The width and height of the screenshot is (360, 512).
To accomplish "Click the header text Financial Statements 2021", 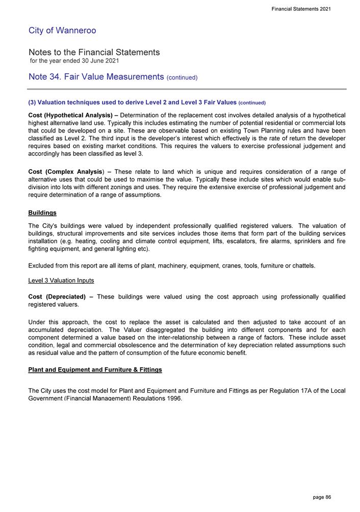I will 301,9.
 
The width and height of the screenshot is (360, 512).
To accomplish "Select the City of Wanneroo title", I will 62,31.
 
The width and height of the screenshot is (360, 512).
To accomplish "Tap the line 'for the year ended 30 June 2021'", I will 74,61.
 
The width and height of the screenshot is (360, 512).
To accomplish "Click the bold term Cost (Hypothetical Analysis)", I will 70,115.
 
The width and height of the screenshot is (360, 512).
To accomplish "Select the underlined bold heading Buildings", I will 42,212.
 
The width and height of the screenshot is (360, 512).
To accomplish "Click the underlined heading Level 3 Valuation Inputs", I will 61,281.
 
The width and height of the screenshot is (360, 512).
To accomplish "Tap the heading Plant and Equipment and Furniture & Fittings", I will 95,369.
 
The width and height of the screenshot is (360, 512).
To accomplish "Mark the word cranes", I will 236,265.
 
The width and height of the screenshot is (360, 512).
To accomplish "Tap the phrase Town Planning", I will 236,131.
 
